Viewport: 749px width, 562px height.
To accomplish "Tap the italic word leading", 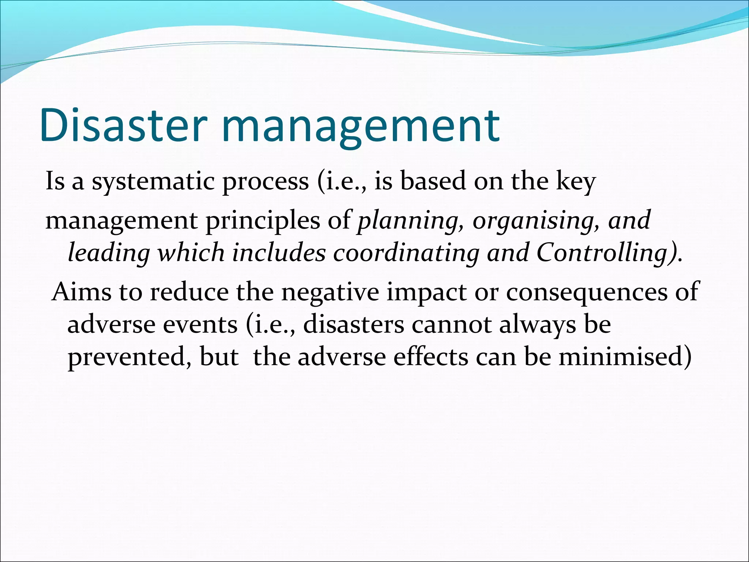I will pyautogui.click(x=109, y=254).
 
